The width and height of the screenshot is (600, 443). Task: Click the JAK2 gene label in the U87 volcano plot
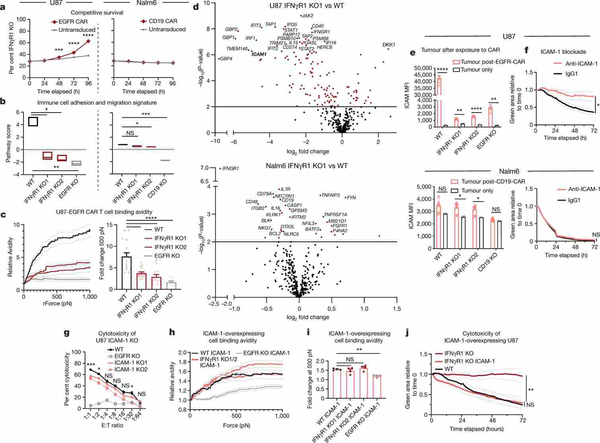[307, 16]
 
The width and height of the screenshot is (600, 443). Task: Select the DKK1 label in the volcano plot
[388, 45]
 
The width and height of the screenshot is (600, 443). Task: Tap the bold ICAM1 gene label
[259, 54]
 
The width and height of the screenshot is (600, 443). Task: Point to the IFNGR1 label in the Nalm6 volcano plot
[230, 169]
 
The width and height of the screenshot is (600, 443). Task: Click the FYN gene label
[351, 198]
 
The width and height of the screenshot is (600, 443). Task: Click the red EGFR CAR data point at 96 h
[88, 41]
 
